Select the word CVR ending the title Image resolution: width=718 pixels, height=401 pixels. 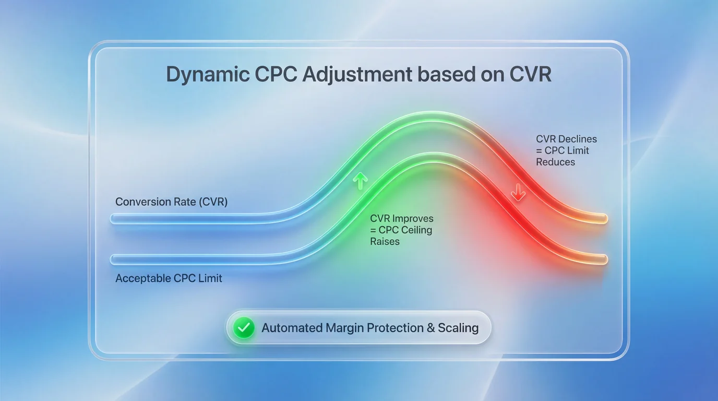(530, 75)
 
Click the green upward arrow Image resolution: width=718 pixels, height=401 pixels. (360, 181)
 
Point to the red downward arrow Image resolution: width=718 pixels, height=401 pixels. (518, 193)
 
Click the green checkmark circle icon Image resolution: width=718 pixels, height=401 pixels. (243, 328)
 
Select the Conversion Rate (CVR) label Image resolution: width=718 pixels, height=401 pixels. (171, 202)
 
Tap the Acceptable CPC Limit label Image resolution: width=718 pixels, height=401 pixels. (169, 278)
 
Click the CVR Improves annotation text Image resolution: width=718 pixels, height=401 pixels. (401, 230)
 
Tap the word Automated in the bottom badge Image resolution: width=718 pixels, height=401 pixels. (291, 328)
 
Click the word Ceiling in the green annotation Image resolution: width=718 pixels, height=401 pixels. (415, 230)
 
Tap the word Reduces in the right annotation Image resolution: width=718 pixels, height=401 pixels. (555, 162)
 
